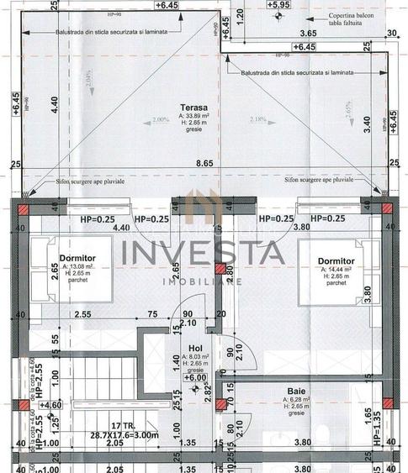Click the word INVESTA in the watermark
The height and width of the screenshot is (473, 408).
tap(201, 253)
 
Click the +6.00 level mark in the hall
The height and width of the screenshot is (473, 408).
tap(197, 378)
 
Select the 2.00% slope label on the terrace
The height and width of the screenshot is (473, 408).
tap(161, 120)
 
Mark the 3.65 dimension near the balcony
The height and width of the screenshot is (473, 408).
tap(308, 34)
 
